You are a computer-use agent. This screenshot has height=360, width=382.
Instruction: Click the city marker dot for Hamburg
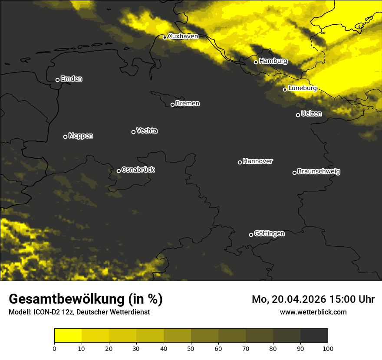click(256, 62)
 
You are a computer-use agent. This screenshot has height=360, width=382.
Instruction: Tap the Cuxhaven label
click(183, 36)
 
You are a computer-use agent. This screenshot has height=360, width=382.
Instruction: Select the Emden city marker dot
click(57, 80)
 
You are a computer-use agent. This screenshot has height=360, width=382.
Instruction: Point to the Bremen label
click(188, 104)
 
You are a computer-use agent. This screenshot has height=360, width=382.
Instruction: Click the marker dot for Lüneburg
click(285, 89)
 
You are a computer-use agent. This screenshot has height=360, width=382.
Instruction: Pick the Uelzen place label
click(311, 114)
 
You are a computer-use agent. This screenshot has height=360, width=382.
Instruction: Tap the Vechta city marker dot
click(133, 132)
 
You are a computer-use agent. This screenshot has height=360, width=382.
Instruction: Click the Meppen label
click(81, 136)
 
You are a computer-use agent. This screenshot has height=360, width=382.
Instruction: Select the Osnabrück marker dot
click(119, 171)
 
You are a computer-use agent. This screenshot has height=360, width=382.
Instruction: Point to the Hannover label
click(258, 161)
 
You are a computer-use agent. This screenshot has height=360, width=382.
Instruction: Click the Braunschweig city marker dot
click(294, 173)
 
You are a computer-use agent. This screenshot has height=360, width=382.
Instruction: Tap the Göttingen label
click(269, 234)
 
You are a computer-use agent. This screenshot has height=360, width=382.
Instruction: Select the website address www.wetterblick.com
click(313, 312)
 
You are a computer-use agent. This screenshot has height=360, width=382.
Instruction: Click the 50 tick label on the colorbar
click(191, 348)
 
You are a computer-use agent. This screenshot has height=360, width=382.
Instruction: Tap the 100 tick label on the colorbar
click(328, 348)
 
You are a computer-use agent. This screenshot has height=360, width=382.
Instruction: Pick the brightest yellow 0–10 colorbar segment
click(68, 336)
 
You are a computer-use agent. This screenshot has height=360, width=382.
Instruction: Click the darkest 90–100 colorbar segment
click(314, 336)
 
